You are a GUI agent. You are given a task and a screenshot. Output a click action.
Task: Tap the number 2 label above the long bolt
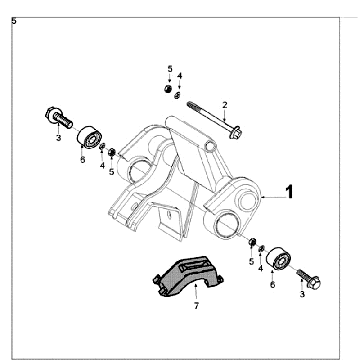pos(224,104)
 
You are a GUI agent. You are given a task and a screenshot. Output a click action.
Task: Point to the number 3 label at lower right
pos(302,297)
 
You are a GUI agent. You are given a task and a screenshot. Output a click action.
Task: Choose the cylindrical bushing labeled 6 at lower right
pos(276,263)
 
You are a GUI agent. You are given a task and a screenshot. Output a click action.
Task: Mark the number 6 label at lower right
pos(270,285)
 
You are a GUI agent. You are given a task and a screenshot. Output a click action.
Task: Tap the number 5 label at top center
pos(169,68)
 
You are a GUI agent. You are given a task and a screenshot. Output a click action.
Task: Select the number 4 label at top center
pos(179,75)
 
